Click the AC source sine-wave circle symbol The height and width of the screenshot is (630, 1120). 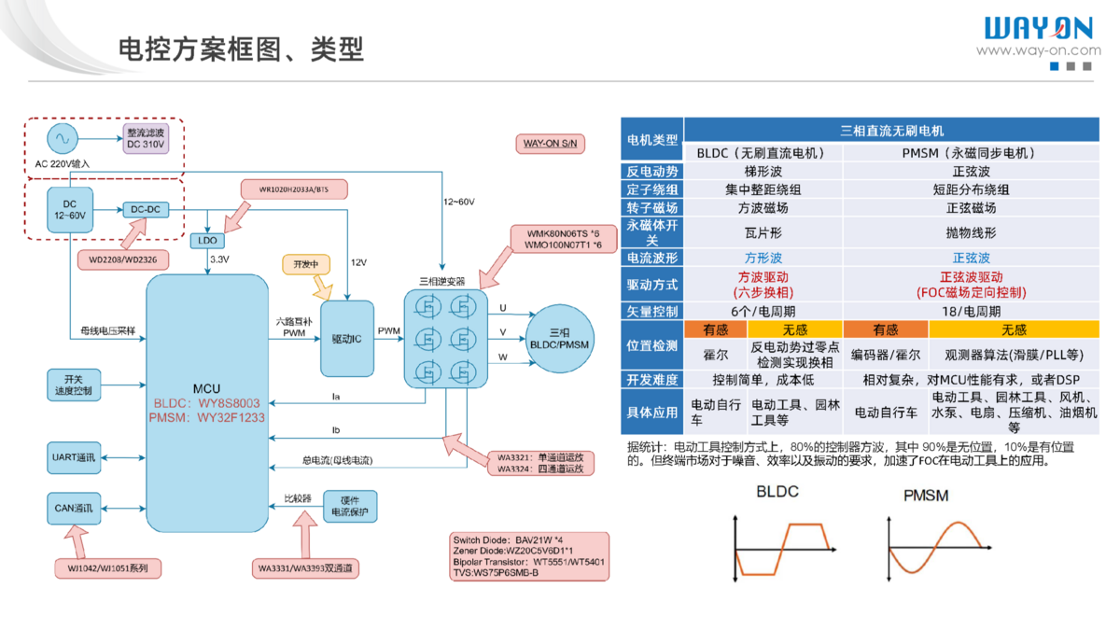tap(63, 138)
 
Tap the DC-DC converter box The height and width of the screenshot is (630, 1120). tap(145, 210)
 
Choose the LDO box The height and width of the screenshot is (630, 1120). tap(206, 240)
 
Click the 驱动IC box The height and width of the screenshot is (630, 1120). tap(346, 338)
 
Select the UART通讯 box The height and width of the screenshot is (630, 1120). tap(74, 457)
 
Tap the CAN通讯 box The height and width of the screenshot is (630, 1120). tap(74, 509)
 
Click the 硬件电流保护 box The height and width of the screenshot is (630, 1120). tap(350, 506)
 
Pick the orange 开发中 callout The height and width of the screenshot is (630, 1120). tap(306, 264)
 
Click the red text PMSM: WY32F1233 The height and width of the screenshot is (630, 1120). tap(206, 418)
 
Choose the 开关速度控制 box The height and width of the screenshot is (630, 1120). tap(74, 385)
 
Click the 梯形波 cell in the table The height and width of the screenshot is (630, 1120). tap(763, 172)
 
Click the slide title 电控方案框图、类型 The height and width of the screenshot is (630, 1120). tap(240, 49)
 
